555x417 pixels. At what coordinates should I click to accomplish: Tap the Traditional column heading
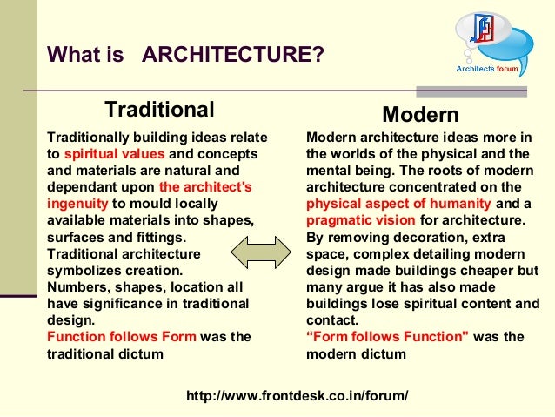(x=159, y=110)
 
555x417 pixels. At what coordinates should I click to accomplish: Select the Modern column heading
(x=421, y=115)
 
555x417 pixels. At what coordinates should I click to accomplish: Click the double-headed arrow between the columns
(x=264, y=253)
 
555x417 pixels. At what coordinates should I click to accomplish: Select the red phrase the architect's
(x=205, y=187)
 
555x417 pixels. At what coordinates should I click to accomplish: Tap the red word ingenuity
(x=77, y=203)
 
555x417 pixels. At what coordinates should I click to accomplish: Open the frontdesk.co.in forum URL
(x=297, y=395)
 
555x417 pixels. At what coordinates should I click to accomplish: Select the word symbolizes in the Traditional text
(x=80, y=270)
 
